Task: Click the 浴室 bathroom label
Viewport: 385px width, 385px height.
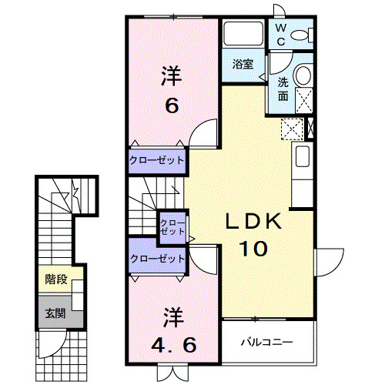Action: click(x=243, y=65)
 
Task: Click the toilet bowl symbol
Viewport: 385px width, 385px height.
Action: click(x=307, y=34)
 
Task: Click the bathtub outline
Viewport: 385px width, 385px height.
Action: click(x=243, y=35)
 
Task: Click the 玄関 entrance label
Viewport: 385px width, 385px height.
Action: click(x=54, y=313)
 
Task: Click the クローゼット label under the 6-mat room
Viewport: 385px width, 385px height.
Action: click(x=157, y=160)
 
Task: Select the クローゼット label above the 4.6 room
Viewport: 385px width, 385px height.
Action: click(x=157, y=259)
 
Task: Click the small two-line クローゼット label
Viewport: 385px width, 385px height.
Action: click(x=172, y=227)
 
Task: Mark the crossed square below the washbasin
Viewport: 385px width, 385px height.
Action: click(x=303, y=100)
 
